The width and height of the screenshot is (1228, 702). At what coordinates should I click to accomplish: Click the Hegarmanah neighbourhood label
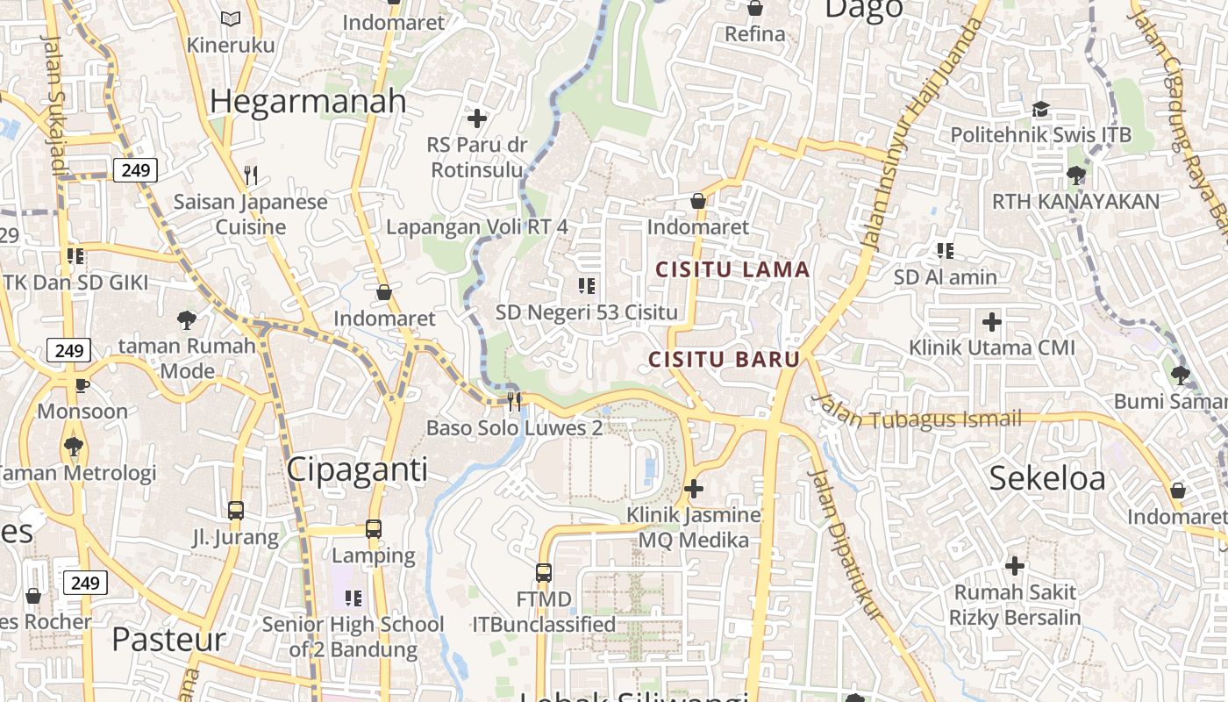(308, 102)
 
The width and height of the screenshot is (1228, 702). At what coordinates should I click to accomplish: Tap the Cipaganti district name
(357, 470)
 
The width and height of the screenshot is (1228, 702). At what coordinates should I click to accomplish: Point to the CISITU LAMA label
(732, 269)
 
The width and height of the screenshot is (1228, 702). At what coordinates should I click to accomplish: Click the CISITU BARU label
(724, 359)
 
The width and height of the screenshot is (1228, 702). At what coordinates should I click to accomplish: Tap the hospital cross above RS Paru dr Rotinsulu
(477, 118)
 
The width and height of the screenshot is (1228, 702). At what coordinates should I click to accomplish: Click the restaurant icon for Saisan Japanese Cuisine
(251, 175)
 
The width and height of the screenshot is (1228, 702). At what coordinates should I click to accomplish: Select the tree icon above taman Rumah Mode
(186, 319)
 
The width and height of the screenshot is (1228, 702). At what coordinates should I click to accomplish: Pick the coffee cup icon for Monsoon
(82, 385)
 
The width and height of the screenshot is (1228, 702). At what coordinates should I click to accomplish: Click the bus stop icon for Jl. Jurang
(235, 511)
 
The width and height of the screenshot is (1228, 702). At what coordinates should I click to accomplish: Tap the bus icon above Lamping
(374, 529)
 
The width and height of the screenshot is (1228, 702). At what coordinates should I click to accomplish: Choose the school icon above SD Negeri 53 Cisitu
(587, 285)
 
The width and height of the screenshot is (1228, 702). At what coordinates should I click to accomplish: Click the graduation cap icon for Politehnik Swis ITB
(1040, 109)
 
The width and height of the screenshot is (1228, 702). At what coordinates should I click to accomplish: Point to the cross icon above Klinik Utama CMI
(992, 322)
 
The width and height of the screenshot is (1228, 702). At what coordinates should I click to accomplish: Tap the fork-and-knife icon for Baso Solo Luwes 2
(515, 401)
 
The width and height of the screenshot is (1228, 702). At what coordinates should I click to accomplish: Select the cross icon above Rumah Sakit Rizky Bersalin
(1015, 566)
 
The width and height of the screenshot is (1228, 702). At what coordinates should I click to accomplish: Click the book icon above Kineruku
(231, 18)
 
